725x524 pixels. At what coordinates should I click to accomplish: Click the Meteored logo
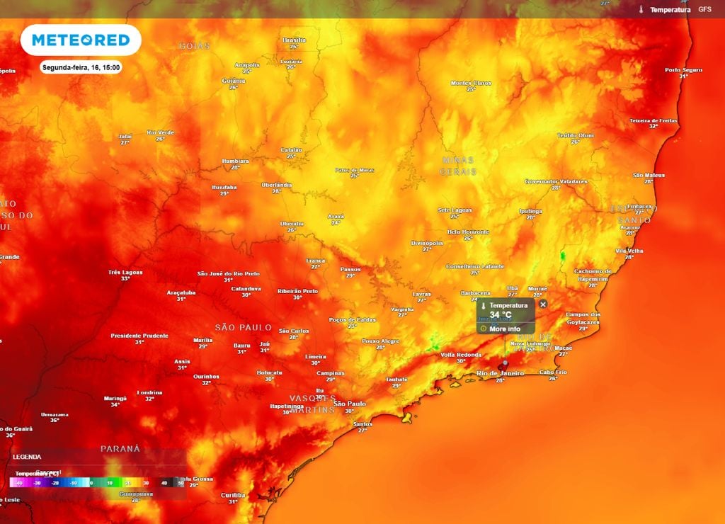tap(81, 40)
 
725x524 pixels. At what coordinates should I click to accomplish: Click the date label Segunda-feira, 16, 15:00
tap(81, 68)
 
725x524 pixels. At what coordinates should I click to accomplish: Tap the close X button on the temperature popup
tap(543, 304)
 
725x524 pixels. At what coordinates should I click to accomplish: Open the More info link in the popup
tap(504, 329)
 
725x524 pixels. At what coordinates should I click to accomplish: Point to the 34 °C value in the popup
tap(500, 314)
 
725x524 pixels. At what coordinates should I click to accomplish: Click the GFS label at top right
tap(704, 9)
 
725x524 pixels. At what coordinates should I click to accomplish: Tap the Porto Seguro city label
tap(683, 69)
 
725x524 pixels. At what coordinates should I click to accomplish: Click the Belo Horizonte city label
tap(468, 232)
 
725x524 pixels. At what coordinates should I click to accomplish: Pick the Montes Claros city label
tap(471, 84)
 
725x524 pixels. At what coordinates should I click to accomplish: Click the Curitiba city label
tap(233, 495)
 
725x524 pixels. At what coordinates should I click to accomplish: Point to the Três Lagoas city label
tap(125, 272)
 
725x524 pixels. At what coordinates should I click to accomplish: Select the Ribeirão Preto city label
tap(297, 291)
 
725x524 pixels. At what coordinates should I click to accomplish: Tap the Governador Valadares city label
tap(556, 181)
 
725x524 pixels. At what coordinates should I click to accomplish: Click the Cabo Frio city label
tap(553, 372)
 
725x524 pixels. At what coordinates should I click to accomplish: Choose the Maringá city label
tap(115, 398)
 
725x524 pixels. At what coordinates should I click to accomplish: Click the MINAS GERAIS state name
tap(458, 166)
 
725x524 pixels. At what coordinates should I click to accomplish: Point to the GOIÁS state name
tap(194, 46)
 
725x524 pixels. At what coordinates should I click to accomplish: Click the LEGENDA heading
tap(27, 457)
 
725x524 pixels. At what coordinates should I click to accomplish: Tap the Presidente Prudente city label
tap(139, 336)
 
